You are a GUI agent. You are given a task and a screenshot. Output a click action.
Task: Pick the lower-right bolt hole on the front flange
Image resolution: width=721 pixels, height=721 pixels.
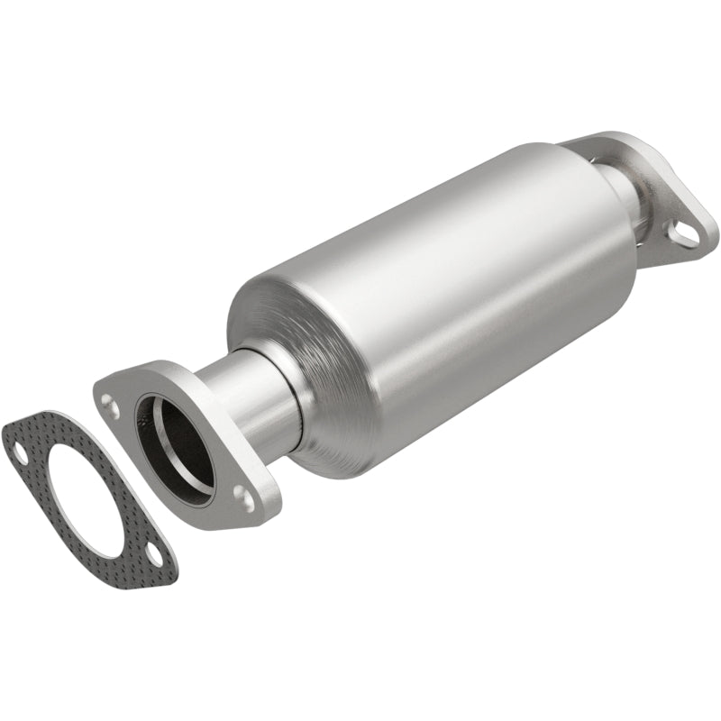point(242,495)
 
